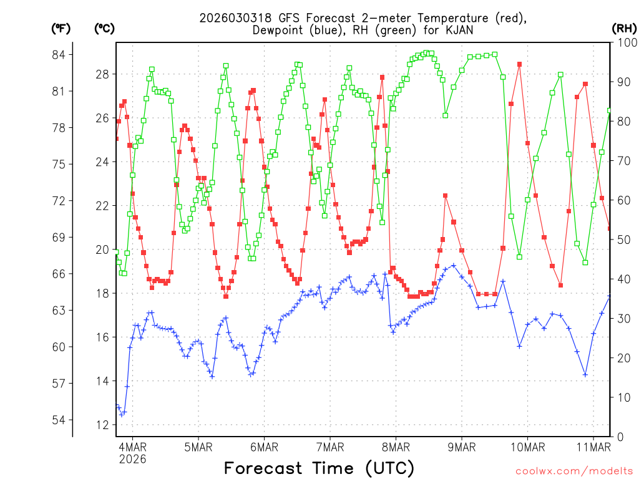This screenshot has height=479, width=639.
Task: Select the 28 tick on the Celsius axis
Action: [x=102, y=74]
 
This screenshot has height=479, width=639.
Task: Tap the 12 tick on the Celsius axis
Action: [x=102, y=425]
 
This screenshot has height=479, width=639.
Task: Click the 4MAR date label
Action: [x=132, y=447]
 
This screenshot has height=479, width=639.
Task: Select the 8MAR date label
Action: [x=396, y=447]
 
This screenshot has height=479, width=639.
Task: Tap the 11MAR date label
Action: [x=593, y=447]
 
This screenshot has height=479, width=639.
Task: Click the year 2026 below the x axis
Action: [x=132, y=459]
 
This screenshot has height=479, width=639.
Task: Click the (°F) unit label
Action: [x=61, y=28]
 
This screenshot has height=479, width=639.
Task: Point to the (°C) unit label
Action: [x=104, y=28]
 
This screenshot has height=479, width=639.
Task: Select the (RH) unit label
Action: [x=623, y=28]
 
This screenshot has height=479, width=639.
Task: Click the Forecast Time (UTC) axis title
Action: [x=319, y=468]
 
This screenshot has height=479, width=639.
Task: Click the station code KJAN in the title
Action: [x=459, y=29]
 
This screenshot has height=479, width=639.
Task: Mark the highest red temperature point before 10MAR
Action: [x=519, y=64]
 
